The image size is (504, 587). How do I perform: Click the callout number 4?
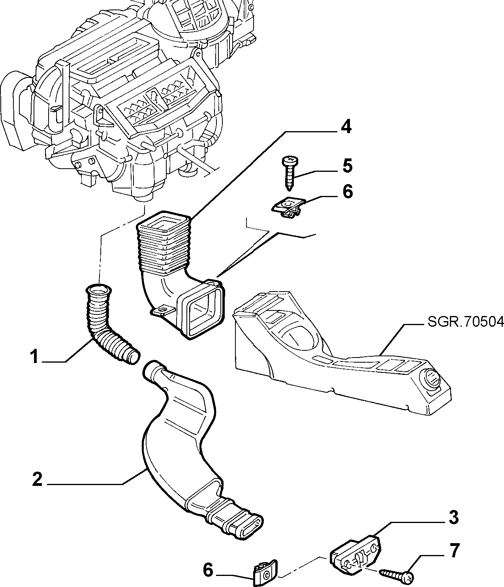point(346,127)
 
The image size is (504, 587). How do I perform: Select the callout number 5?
point(347,166)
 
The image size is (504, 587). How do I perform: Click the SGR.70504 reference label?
point(466,322)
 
